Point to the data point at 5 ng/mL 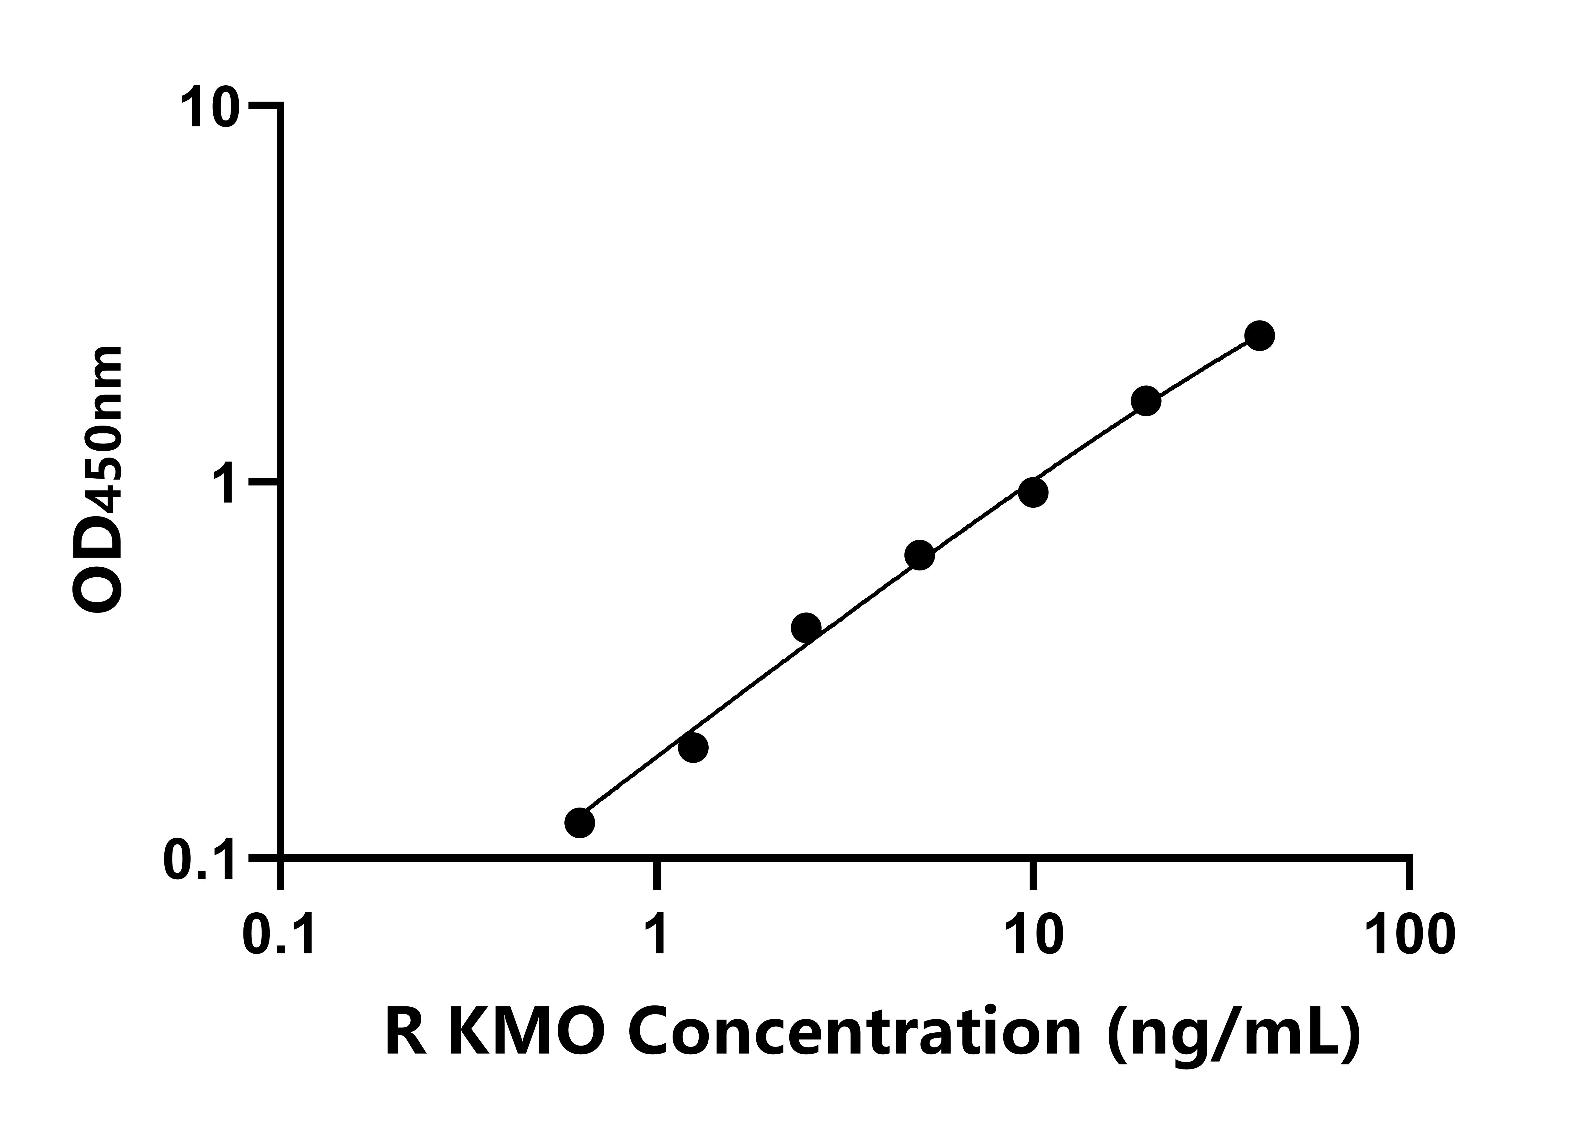[x=920, y=555]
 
